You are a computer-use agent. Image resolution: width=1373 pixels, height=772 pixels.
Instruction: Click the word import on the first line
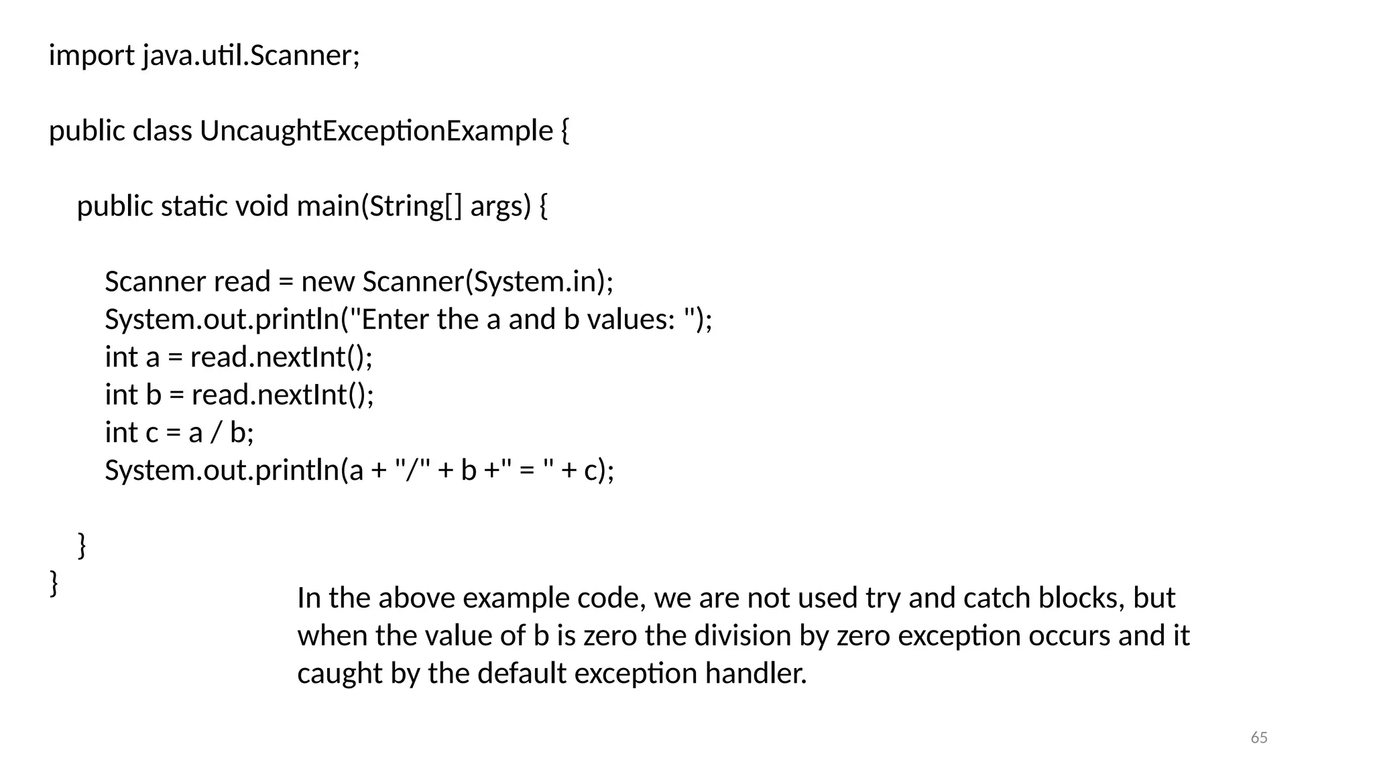[x=91, y=55]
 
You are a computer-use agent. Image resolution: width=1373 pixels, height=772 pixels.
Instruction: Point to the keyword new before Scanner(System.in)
[x=327, y=282]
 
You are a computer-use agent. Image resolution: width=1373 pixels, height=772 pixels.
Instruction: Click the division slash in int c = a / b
[x=215, y=433]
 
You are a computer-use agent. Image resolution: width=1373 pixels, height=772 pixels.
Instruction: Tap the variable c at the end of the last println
[x=590, y=470]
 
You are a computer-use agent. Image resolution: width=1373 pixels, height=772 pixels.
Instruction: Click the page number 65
[x=1259, y=738]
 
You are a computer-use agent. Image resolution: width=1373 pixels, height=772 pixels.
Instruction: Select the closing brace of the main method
[x=82, y=545]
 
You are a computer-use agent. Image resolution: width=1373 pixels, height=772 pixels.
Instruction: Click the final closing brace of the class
[x=54, y=583]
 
